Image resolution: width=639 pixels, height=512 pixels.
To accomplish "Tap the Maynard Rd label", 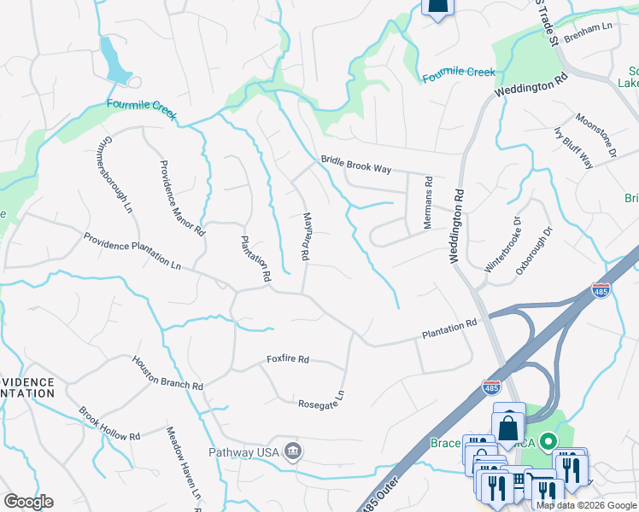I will pyautogui.click(x=305, y=236).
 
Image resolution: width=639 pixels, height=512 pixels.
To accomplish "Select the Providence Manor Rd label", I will pyautogui.click(x=182, y=197).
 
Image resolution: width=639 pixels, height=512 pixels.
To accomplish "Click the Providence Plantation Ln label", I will pyautogui.click(x=132, y=252).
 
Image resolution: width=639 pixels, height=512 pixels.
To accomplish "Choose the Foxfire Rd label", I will pyautogui.click(x=287, y=359).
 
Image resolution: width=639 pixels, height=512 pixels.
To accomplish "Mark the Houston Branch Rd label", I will pyautogui.click(x=167, y=374).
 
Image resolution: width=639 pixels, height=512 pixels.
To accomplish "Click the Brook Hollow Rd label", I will pyautogui.click(x=109, y=424).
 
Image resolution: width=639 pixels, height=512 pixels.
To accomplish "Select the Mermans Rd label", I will pyautogui.click(x=429, y=204).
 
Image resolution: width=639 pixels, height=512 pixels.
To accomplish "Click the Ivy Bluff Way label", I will pyautogui.click(x=573, y=147).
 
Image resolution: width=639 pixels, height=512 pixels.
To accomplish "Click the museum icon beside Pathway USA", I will pyautogui.click(x=292, y=450).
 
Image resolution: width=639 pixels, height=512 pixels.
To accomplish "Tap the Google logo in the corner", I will pyautogui.click(x=28, y=502).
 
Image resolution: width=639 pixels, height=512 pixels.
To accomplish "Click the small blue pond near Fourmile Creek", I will pyautogui.click(x=114, y=61).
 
